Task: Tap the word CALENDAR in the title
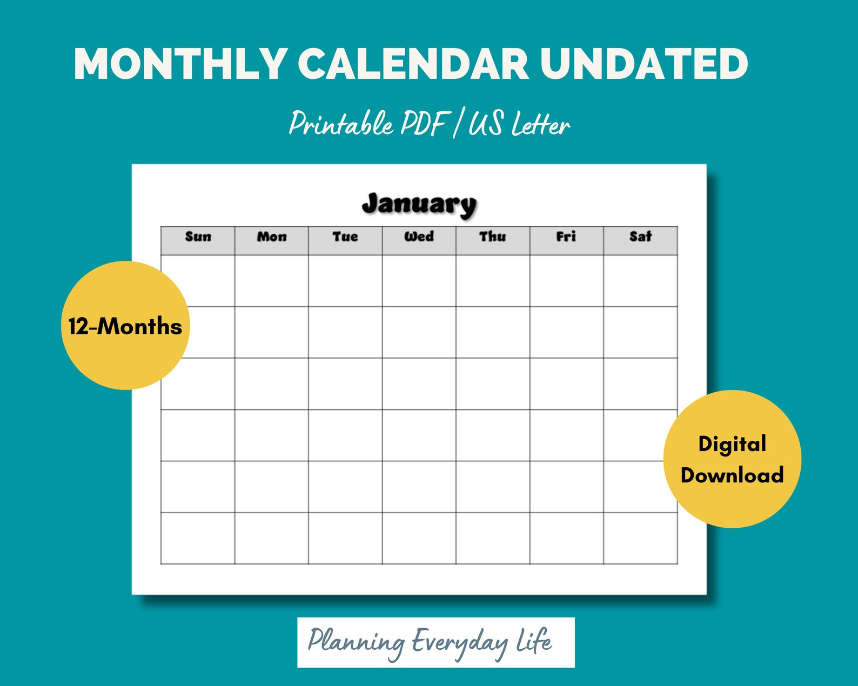pos(413,64)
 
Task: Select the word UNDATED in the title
pos(644,64)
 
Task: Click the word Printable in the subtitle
pos(341,124)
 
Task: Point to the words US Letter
pos(519,124)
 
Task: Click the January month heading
pos(419,204)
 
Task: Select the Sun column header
pos(198,237)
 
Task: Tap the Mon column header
pos(272,237)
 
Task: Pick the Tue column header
pos(345,237)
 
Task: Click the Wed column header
pos(419,237)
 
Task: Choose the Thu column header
pos(493,237)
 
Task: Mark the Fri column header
pos(566,237)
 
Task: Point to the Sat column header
pos(640,237)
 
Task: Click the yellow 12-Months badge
pos(125,326)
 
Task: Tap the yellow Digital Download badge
pos(732,459)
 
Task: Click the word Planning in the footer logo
pos(356,642)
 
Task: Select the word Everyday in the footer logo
pos(459,642)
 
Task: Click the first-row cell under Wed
pos(419,281)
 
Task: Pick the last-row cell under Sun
pos(198,538)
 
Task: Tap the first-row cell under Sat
pos(640,281)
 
